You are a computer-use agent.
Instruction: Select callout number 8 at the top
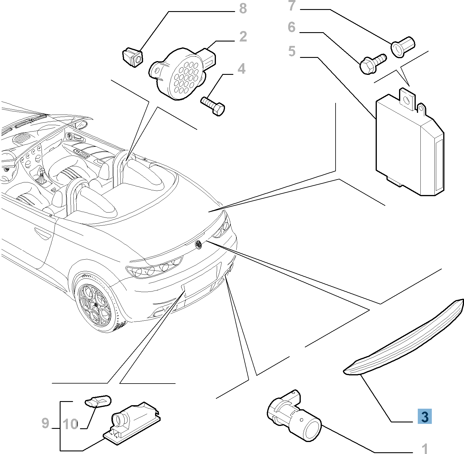pos(243,9)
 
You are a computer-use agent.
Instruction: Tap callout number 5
pos(292,51)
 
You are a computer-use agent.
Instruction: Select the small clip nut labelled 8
pos(132,58)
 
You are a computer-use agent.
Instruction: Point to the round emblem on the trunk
pos(199,244)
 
